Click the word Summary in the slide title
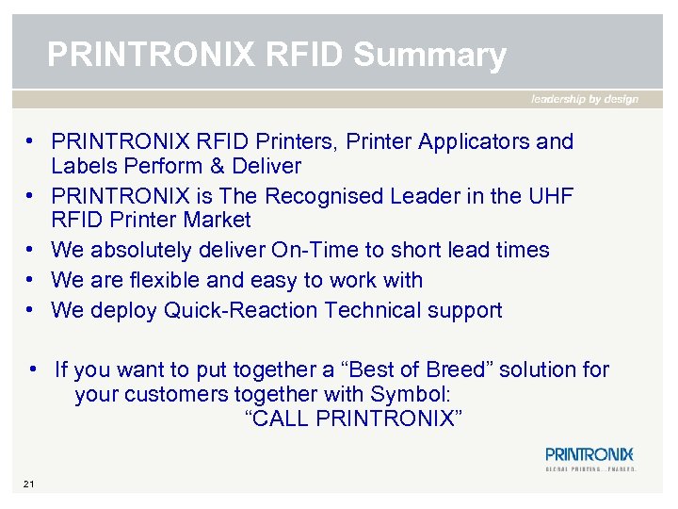[x=429, y=56]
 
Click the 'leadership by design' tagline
[x=585, y=99]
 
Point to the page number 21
[x=29, y=484]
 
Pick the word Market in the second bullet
[x=218, y=221]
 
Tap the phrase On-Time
[x=311, y=251]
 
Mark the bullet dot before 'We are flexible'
[x=31, y=281]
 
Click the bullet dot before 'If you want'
[x=33, y=369]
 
